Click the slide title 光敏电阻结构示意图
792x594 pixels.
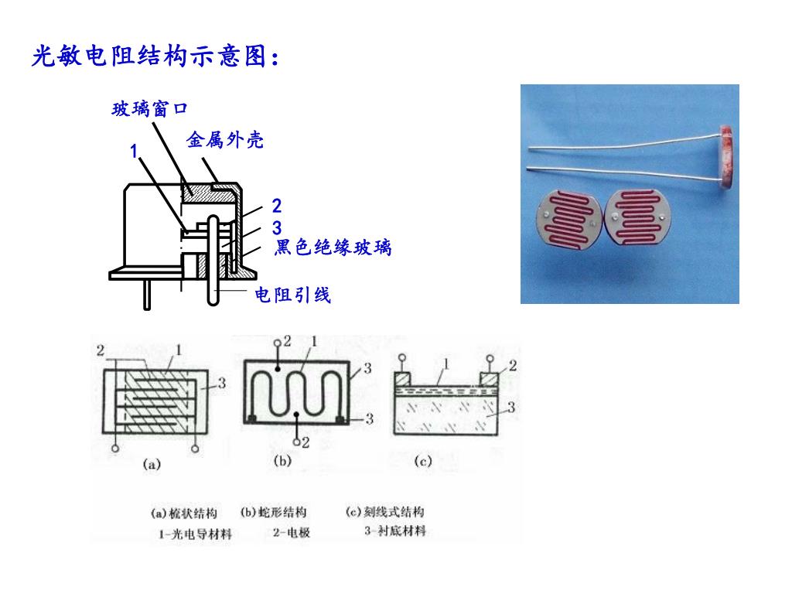(155, 56)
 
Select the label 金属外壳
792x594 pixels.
(225, 140)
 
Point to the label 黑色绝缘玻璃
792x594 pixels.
(333, 247)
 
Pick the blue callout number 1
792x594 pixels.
(134, 151)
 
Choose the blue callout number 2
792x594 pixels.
(277, 207)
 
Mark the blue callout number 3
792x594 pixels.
(277, 228)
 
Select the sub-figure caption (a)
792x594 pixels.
(151, 464)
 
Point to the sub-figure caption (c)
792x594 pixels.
(422, 462)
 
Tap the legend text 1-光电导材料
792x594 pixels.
(195, 534)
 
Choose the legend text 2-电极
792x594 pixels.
(292, 532)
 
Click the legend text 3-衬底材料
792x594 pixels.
(395, 531)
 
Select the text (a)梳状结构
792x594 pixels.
(183, 514)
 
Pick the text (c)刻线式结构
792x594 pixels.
(384, 511)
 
